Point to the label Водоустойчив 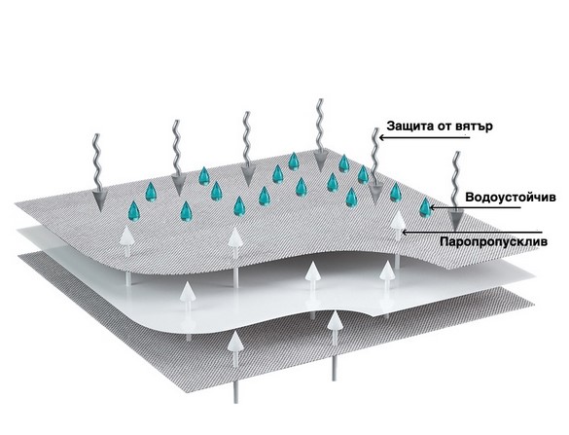511,198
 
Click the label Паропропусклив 493,241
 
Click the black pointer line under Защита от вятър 425,137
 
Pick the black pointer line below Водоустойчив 476,207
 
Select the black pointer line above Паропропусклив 473,232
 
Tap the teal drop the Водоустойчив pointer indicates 424,207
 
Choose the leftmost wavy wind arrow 97,172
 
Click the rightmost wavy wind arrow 455,191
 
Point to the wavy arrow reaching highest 320,135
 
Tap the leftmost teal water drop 134,211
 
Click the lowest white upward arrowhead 235,341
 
